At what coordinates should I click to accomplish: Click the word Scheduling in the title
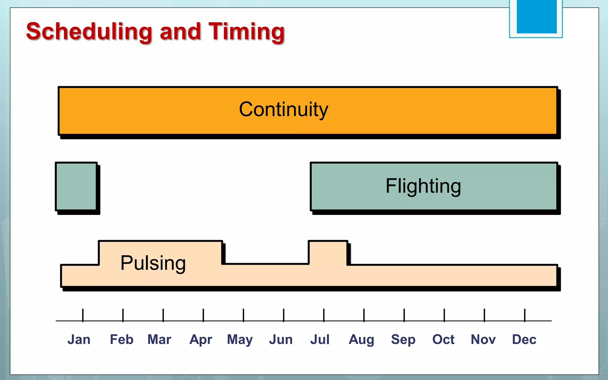coord(89,32)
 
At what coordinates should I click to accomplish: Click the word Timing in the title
coord(246,32)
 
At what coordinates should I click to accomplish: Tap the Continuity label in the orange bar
coord(284,110)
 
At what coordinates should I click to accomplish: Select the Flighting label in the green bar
coord(423,186)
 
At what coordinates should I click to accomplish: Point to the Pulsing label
coord(153,263)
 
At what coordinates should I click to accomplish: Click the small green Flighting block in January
coord(76,186)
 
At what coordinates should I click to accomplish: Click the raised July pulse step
coord(328,252)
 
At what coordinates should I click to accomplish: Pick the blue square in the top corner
coord(536,16)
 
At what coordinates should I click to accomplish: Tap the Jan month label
coord(79,339)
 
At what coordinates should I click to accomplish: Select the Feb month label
coord(121,339)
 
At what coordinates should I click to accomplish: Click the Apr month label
coord(201,340)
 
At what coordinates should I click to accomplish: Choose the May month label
coord(240,340)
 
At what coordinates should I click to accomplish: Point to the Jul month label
coord(320,339)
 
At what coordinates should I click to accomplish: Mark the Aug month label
coord(361,340)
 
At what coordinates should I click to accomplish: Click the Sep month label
coord(403,340)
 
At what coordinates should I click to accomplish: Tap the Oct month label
coord(443,339)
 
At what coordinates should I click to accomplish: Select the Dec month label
coord(524,339)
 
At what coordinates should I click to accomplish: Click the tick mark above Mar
coord(163,315)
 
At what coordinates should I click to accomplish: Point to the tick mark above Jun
coord(284,315)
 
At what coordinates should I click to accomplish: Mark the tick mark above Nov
coord(484,315)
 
